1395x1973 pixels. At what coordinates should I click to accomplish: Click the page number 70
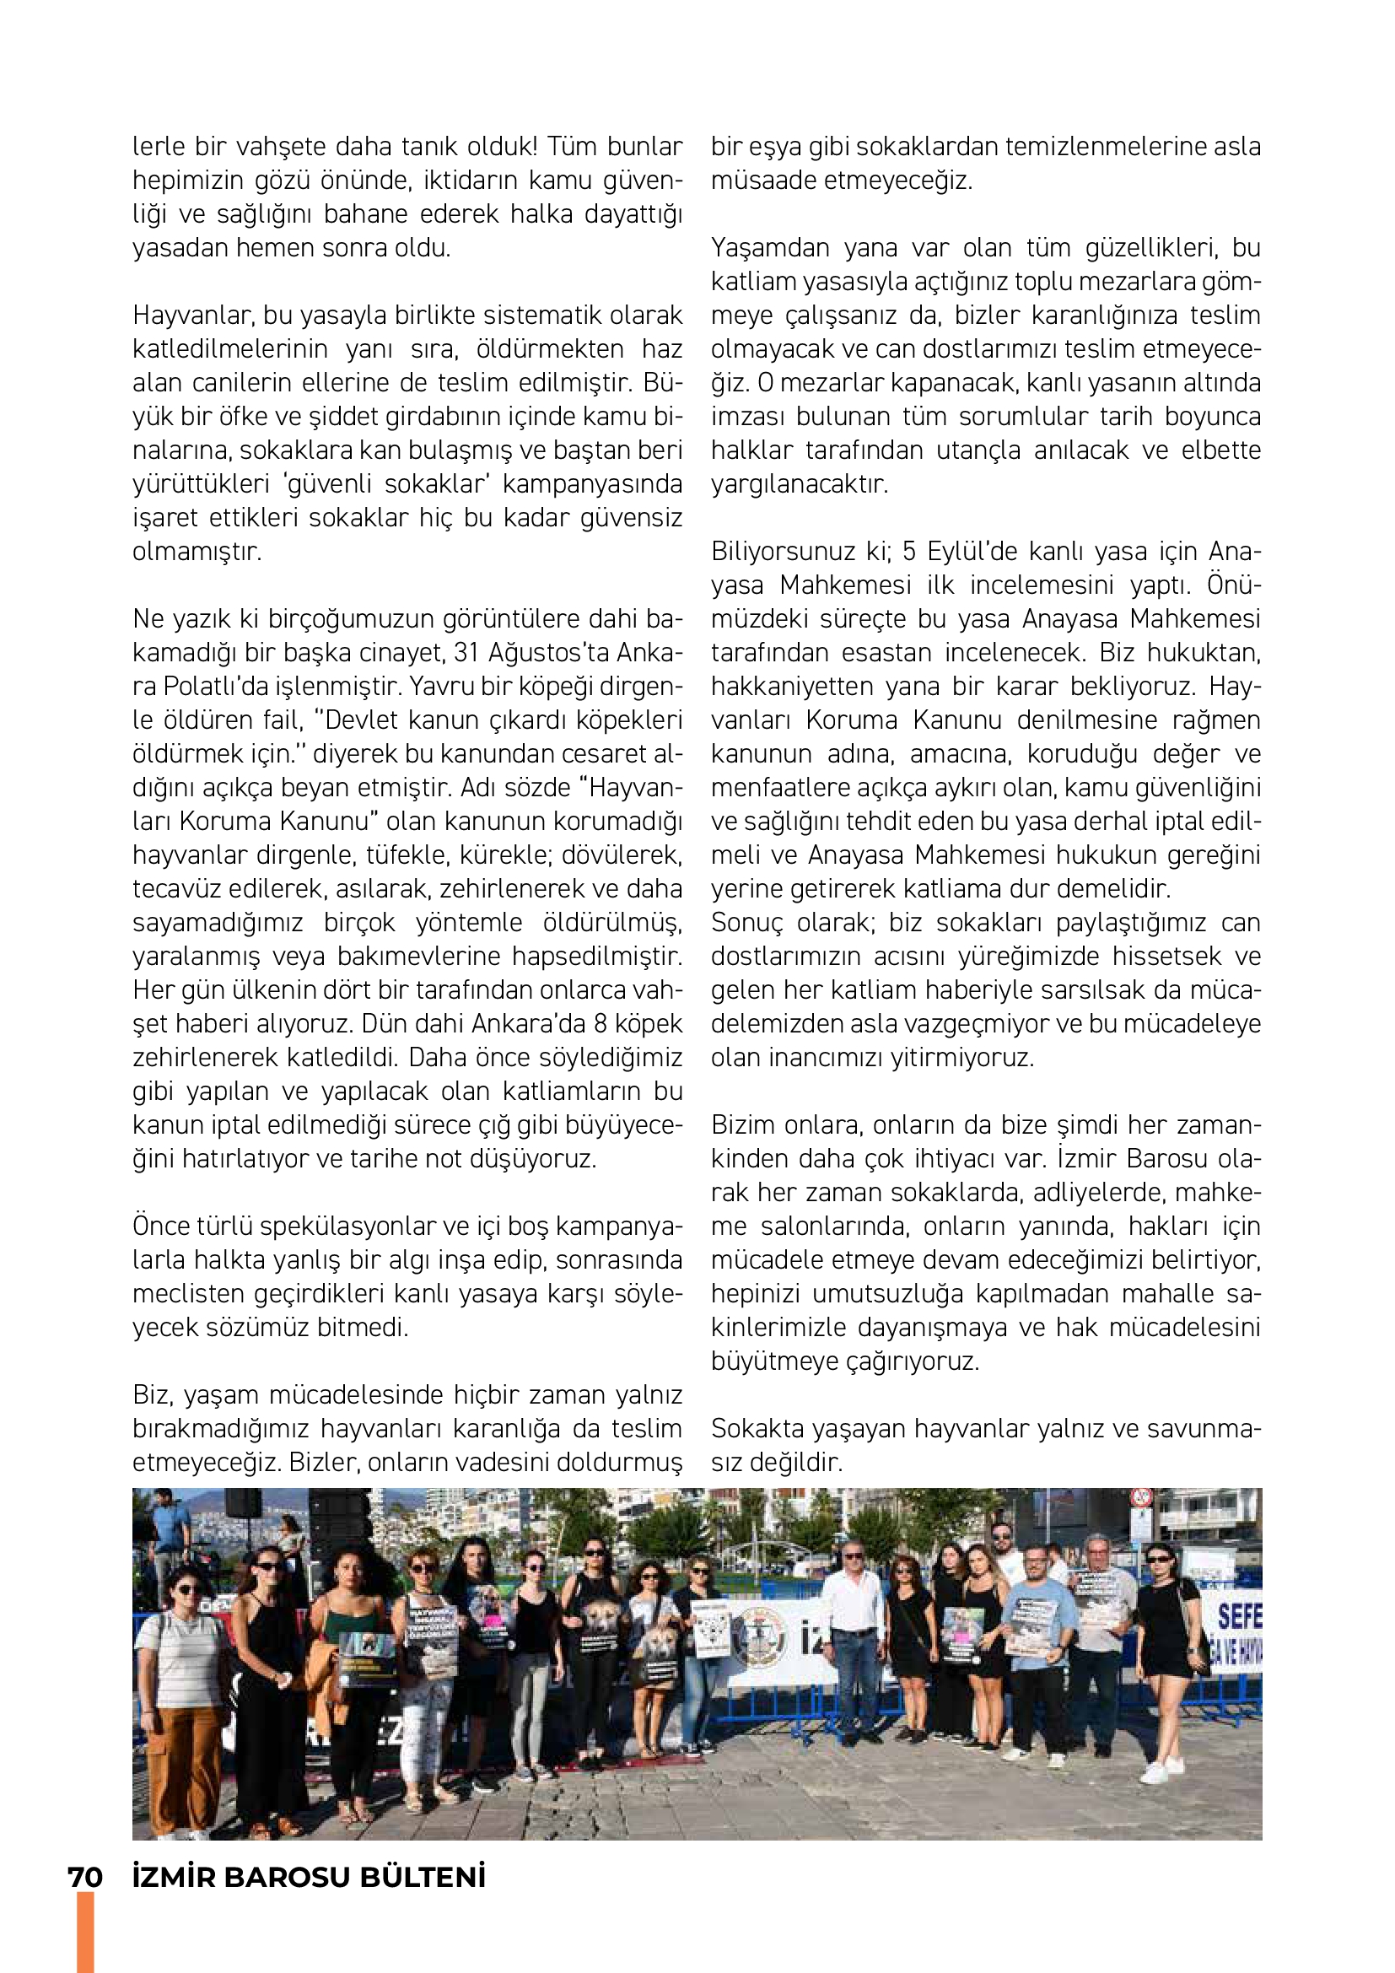coord(85,1877)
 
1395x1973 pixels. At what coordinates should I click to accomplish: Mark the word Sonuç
coord(746,922)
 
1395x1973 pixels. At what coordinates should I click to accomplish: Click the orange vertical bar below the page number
coord(85,1933)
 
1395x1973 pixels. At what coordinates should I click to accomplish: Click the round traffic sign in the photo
coord(1141,1497)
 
